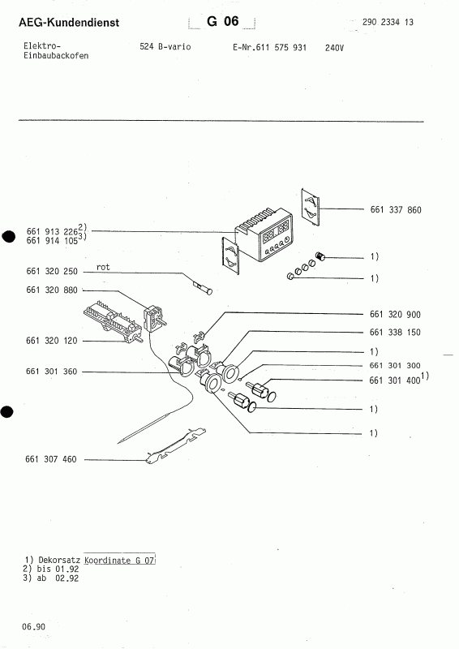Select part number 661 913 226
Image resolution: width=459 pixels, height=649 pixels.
point(51,230)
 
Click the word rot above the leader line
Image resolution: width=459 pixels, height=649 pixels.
point(103,266)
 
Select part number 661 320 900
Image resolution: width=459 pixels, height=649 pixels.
point(395,314)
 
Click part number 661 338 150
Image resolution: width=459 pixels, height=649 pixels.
point(395,332)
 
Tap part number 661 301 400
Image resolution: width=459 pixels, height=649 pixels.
point(395,380)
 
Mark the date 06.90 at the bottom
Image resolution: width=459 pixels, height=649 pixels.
point(33,626)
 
